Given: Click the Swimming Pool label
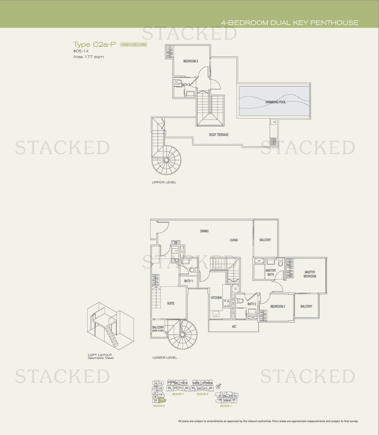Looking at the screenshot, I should [x=276, y=102].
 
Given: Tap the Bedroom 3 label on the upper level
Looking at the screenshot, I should [x=191, y=61].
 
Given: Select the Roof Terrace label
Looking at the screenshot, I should [x=219, y=135].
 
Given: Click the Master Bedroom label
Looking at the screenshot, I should [x=310, y=274].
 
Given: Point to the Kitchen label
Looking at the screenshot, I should [x=216, y=298].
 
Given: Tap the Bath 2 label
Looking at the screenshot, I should [x=252, y=304].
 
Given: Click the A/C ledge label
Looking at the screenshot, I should [x=234, y=327].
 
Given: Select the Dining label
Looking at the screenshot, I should [x=204, y=231].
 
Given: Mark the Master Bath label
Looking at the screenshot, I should [x=271, y=273].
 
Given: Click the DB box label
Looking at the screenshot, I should [x=175, y=243].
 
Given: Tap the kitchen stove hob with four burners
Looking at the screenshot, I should [x=227, y=303].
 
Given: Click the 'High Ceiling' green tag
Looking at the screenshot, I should [x=134, y=45].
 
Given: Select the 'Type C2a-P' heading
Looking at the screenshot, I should [x=95, y=44].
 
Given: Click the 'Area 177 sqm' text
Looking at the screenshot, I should [x=88, y=56].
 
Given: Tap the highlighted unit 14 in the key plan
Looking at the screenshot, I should [x=162, y=400].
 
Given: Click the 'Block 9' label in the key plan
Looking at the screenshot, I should [x=202, y=394].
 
